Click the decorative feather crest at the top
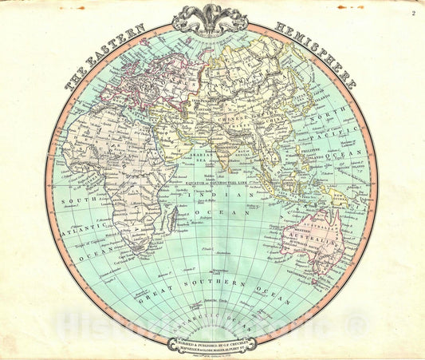tap(211, 16)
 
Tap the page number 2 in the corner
tap(413, 11)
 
